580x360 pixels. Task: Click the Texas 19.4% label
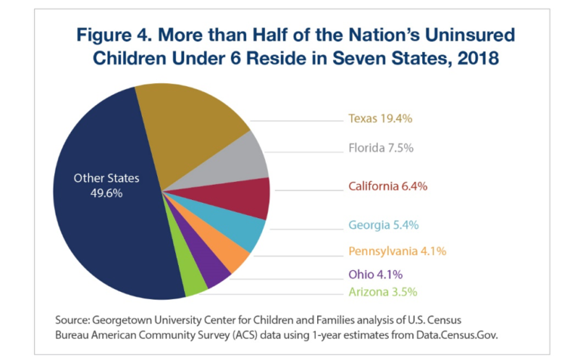click(x=379, y=118)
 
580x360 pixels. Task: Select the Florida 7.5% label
click(x=379, y=148)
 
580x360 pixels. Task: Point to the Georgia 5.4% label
click(x=383, y=225)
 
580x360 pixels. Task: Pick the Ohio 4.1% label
click(x=374, y=274)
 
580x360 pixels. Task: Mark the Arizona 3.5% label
click(x=382, y=291)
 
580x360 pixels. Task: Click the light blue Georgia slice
click(x=242, y=232)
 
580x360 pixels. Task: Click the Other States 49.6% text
click(x=106, y=186)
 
